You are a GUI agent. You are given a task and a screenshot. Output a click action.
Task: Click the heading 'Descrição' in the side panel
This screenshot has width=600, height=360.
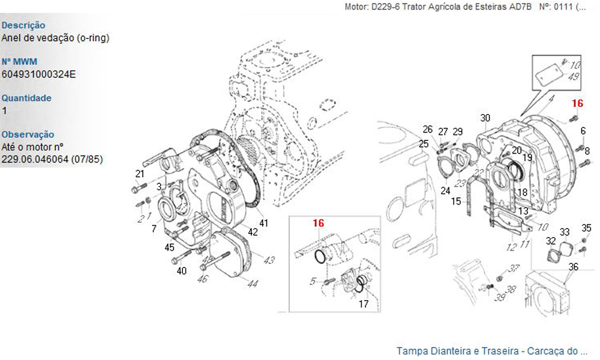click(x=23, y=25)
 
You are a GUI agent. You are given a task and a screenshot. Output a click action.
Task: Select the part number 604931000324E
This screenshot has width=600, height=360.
click(x=39, y=74)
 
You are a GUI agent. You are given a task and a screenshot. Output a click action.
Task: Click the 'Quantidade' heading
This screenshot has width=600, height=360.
click(x=26, y=98)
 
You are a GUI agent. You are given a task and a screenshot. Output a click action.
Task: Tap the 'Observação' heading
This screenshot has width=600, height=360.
click(x=28, y=134)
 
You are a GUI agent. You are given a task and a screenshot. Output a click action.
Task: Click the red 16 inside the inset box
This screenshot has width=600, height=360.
click(x=318, y=223)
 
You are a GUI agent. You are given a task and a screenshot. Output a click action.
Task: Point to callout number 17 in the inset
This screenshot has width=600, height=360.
click(x=364, y=304)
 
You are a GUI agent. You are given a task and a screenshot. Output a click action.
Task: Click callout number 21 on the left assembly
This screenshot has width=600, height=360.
click(x=140, y=174)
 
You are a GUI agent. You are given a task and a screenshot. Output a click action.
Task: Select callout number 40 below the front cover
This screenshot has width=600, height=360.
click(x=182, y=271)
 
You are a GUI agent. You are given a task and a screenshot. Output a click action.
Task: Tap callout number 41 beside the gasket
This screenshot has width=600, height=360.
click(x=264, y=223)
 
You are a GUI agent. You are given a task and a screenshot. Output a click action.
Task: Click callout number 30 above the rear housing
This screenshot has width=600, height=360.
click(x=485, y=118)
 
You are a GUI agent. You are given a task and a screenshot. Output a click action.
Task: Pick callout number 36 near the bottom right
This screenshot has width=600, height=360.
click(x=574, y=267)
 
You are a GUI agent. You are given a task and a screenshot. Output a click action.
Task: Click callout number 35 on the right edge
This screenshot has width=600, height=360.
click(x=587, y=227)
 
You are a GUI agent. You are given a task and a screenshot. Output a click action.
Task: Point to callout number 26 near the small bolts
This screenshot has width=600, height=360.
click(x=427, y=129)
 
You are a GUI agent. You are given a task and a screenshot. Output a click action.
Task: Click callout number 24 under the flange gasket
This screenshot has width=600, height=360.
click(x=445, y=191)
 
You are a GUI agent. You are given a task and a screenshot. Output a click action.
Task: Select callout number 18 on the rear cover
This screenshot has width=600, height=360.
click(x=523, y=192)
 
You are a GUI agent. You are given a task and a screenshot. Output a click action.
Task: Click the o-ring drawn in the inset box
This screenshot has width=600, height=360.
click(x=321, y=256)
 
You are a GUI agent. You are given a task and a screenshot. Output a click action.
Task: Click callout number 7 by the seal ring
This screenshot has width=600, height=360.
click(x=154, y=229)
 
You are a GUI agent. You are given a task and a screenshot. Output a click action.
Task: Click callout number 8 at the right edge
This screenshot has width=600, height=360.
click(x=587, y=151)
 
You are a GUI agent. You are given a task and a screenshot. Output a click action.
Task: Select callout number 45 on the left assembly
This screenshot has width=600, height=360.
click(x=170, y=247)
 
